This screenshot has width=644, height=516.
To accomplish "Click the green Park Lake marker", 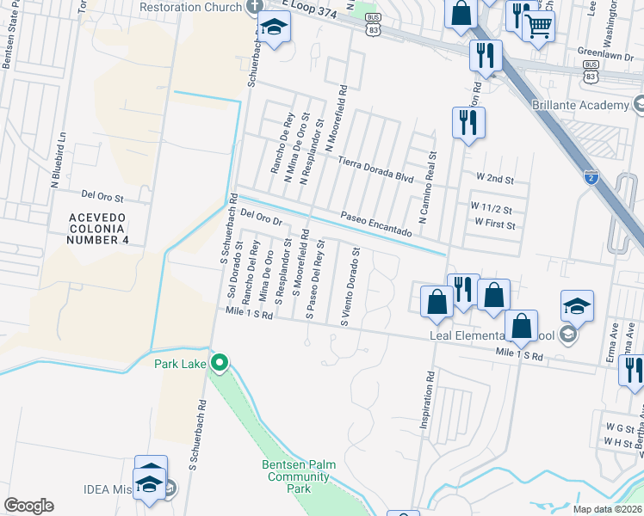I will point(220,363).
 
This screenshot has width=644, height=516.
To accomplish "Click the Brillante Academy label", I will point(591,105).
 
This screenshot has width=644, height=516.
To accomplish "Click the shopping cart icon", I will point(538,25).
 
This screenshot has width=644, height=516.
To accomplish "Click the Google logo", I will point(28,506).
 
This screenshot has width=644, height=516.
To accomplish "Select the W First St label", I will point(494,225).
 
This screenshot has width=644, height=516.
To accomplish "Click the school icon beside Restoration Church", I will point(275,30).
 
